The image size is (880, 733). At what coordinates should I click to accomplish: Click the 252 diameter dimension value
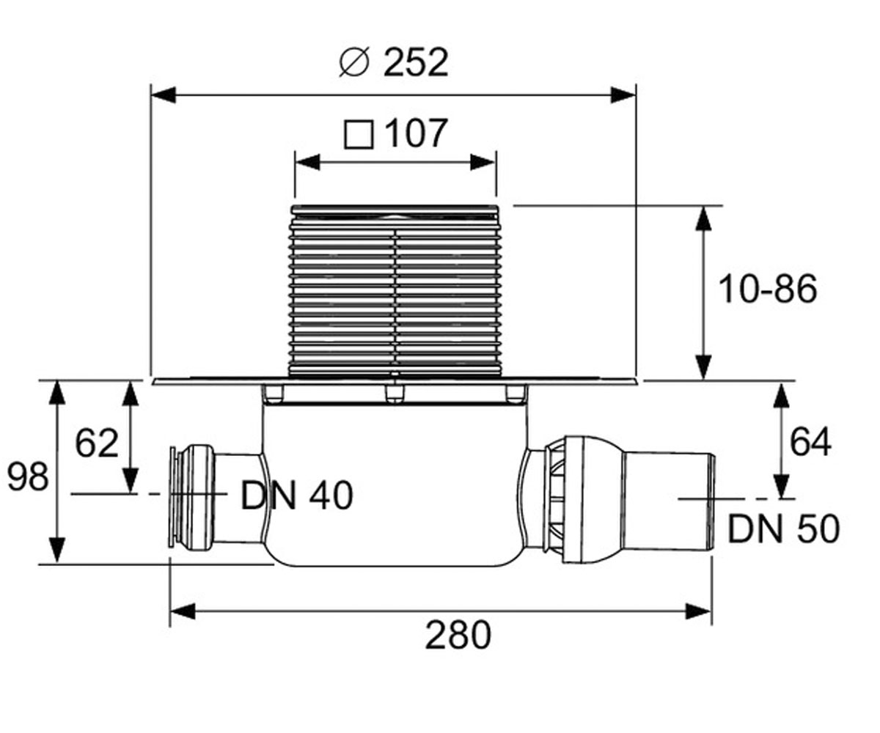416,62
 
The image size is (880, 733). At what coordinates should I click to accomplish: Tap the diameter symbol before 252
354,63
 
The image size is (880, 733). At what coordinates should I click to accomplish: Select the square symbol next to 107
359,135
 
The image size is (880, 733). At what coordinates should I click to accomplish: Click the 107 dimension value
416,133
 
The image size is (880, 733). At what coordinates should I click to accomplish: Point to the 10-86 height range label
768,289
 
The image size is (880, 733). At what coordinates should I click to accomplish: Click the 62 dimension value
97,443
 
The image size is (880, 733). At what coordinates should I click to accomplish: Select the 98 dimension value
28,477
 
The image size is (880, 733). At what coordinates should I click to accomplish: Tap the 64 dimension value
810,441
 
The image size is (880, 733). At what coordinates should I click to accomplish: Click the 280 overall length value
458,635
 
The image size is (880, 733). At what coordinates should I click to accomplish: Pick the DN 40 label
297,496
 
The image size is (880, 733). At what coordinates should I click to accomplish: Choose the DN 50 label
784,529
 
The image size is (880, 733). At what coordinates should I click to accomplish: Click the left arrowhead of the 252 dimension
163,95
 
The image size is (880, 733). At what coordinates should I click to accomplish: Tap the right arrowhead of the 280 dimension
699,611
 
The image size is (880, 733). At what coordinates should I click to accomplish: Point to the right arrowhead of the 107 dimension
483,162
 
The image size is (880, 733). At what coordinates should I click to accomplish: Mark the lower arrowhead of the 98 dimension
57,550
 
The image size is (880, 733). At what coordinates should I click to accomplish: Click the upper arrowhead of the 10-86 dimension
703,218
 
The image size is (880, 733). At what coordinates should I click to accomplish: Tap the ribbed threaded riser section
395,291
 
